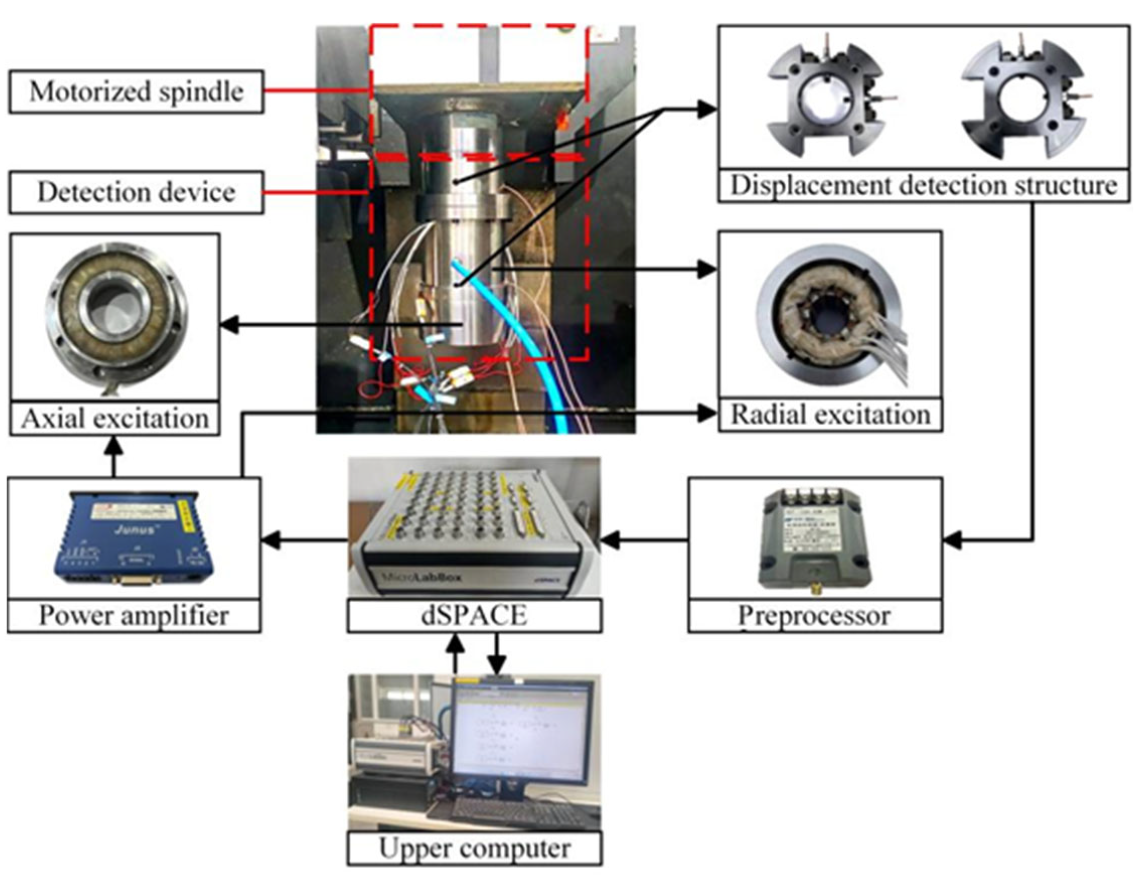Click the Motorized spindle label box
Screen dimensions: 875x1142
pos(135,92)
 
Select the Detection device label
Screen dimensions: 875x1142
pos(135,192)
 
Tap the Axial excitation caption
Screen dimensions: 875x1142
pos(115,418)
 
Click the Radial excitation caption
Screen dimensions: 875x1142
pos(830,415)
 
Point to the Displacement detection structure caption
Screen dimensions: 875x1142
pos(923,186)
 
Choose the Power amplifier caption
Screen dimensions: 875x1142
pos(134,616)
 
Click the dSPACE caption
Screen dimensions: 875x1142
pos(474,616)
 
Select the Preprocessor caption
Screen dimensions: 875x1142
pos(814,616)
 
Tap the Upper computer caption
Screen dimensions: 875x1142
pos(474,848)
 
